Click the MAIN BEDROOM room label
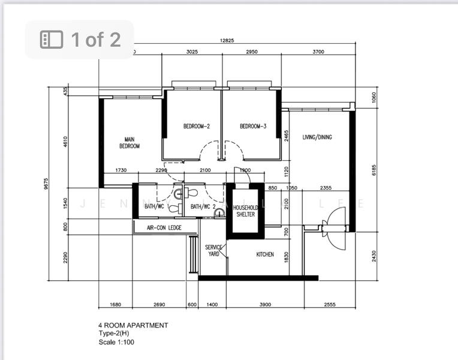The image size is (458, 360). point(129,143)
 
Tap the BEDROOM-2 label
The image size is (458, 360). point(197,127)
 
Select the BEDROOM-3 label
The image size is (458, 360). point(253,127)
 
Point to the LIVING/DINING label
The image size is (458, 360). point(317,137)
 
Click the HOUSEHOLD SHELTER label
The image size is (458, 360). point(245,211)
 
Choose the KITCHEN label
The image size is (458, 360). point(265,254)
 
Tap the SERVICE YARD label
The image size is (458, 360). point(213,250)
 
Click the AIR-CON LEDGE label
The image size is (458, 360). point(164,228)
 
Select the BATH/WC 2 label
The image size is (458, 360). point(203,207)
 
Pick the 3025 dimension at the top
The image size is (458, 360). point(192,52)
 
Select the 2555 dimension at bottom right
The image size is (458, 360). point(329,304)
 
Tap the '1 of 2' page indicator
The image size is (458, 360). point(79,40)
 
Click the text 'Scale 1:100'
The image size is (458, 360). point(116,343)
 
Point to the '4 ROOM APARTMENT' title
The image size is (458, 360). point(133,325)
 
